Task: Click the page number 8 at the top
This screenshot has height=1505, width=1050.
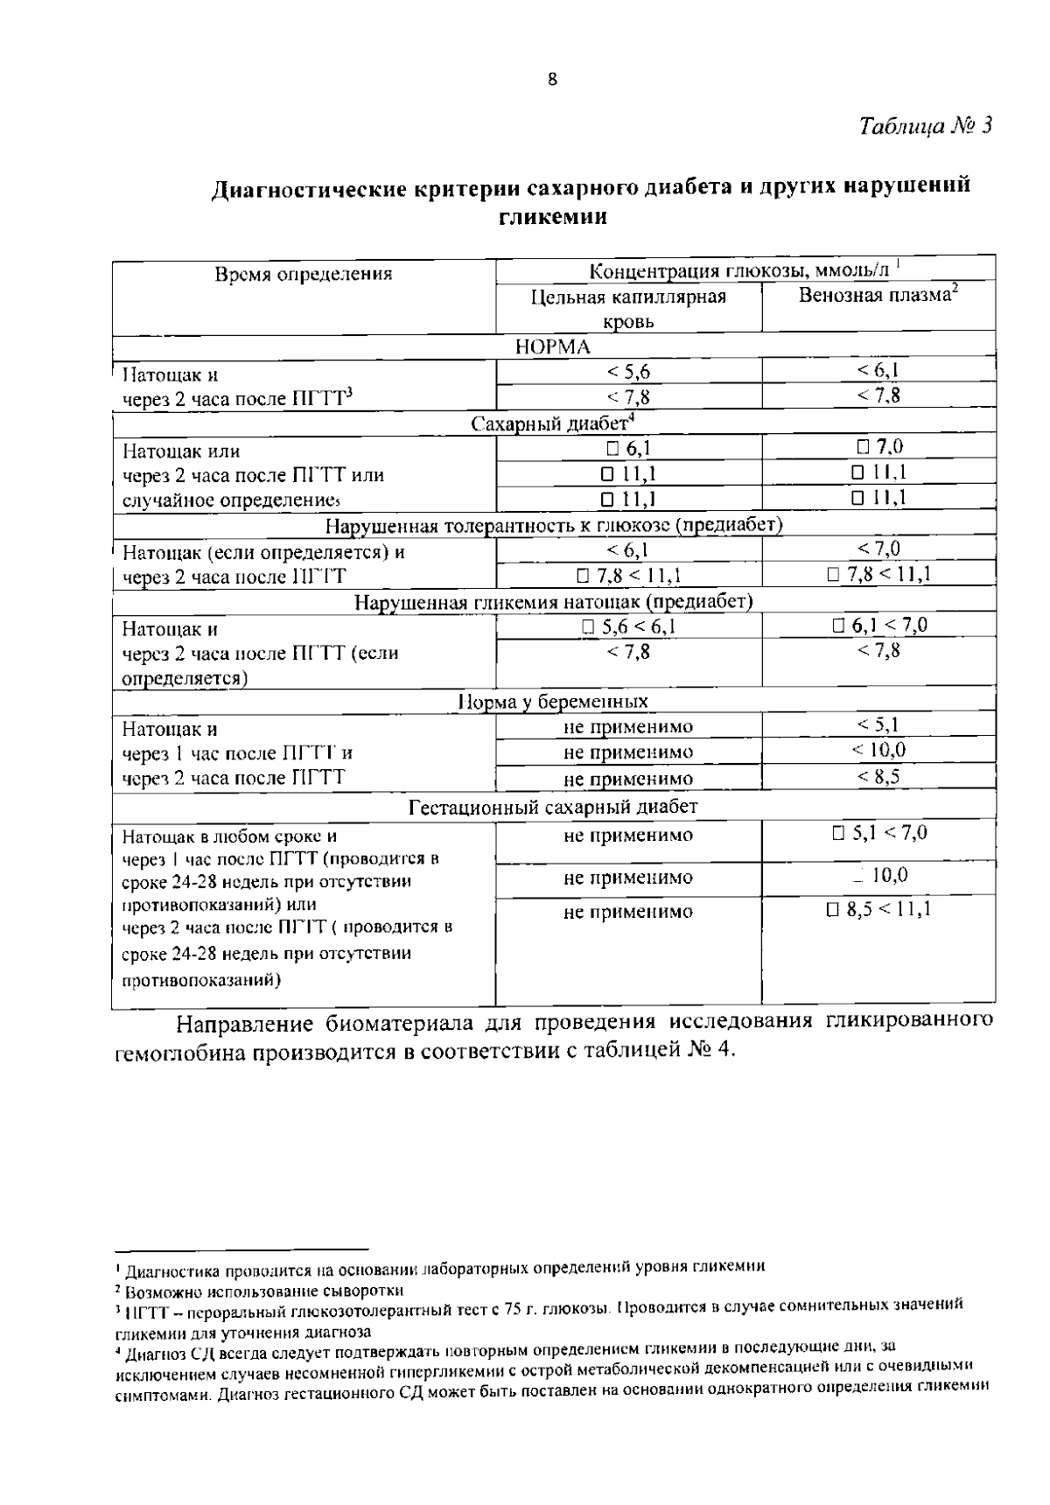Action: click(551, 80)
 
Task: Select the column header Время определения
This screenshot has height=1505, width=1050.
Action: click(304, 274)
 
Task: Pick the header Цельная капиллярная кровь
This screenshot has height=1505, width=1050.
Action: click(628, 309)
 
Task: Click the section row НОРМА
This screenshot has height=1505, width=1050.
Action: click(552, 346)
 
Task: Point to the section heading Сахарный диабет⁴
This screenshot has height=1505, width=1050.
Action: click(552, 424)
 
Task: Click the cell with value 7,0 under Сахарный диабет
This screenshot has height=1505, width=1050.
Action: click(879, 447)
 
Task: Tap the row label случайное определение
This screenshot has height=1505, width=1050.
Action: click(230, 500)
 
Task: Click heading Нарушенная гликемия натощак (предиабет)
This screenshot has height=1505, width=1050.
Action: click(553, 602)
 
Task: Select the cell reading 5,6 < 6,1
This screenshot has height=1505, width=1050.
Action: click(628, 626)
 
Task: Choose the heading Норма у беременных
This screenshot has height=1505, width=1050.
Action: click(553, 702)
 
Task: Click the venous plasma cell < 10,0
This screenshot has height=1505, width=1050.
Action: click(878, 751)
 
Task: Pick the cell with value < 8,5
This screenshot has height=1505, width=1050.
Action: click(878, 776)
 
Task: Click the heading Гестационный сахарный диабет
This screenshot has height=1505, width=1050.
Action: click(553, 807)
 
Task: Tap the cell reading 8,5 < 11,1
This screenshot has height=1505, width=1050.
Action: click(878, 910)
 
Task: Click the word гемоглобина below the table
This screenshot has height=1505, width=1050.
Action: click(182, 1050)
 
